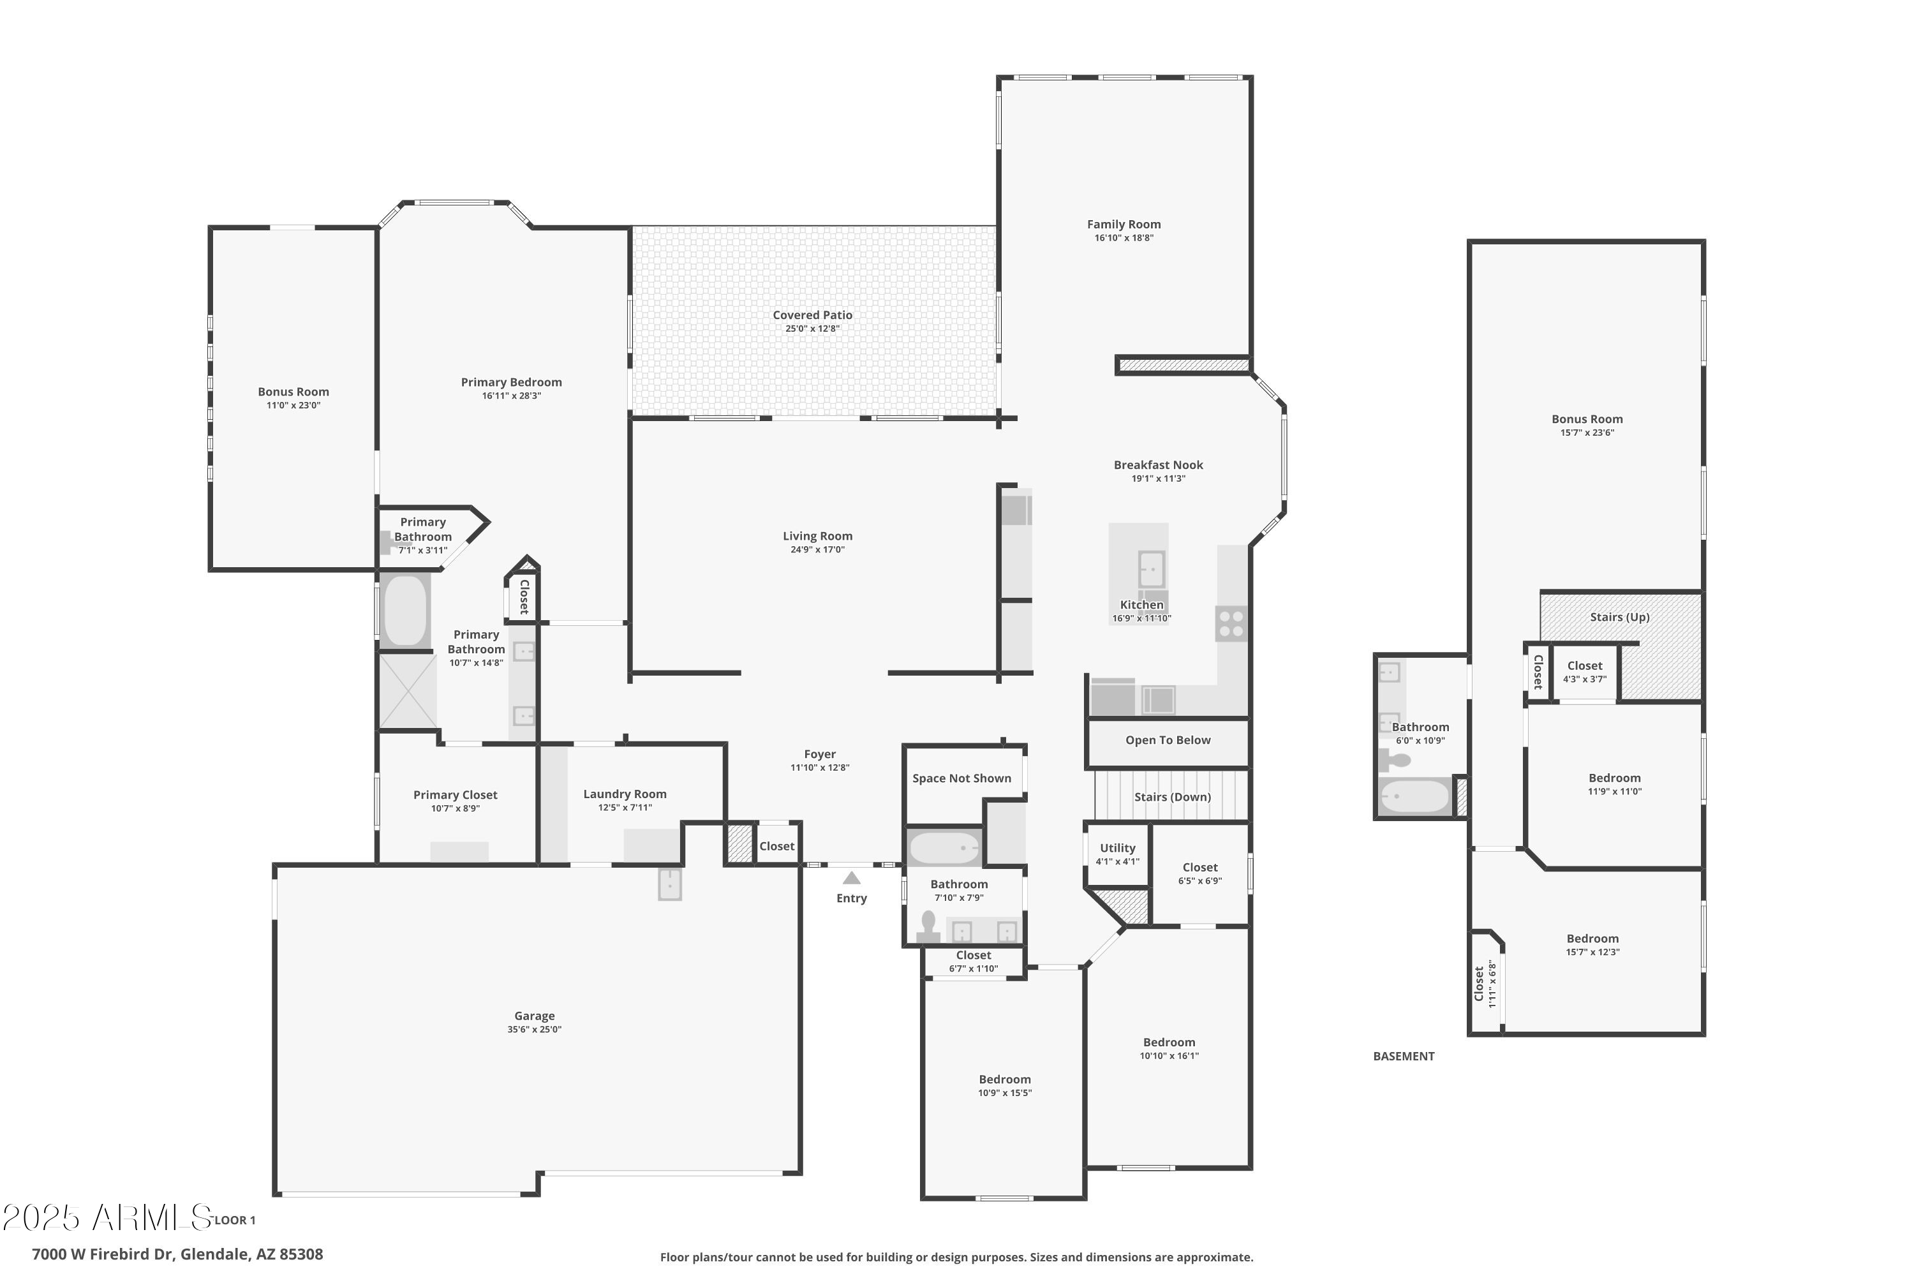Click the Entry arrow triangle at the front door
[851, 878]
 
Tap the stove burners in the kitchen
[1231, 623]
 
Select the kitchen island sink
[1151, 569]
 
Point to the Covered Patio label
[812, 315]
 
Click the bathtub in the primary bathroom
[405, 611]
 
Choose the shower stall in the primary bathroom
[407, 691]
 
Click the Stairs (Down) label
[1172, 797]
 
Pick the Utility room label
[1116, 848]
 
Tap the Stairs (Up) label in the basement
[1619, 618]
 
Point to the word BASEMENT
[1403, 1057]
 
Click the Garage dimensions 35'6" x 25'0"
[534, 1030]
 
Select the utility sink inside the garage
[669, 884]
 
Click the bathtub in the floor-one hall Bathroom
[944, 849]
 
